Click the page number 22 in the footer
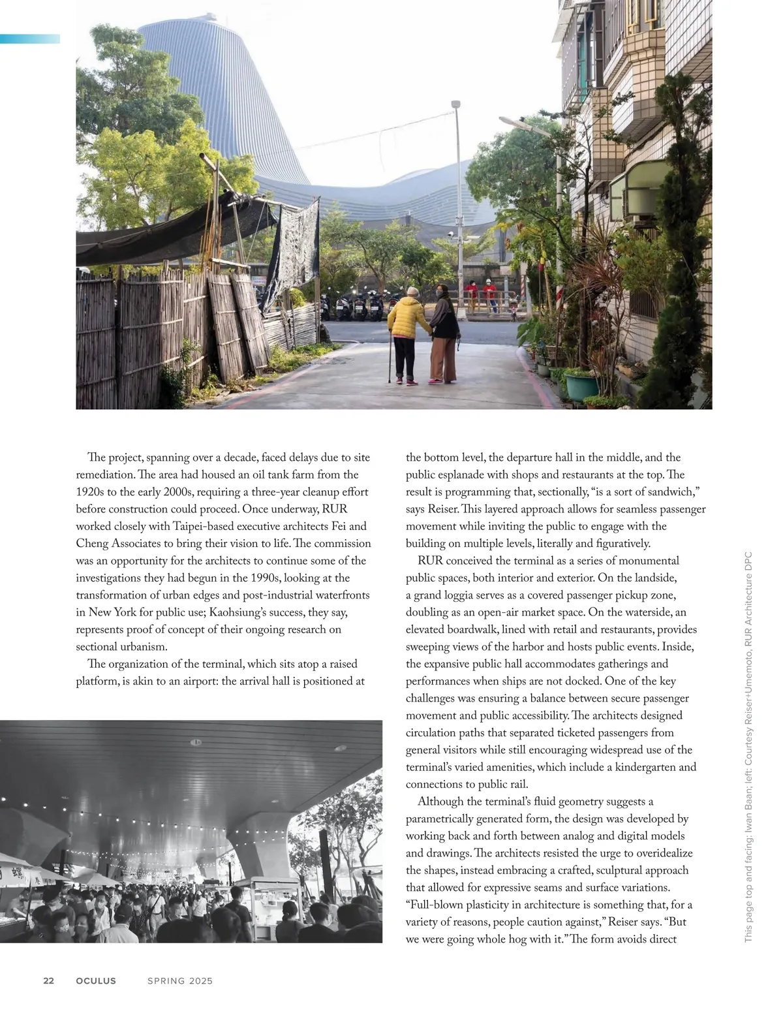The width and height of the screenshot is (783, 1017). tap(48, 980)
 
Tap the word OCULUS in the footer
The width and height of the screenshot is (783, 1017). tap(96, 980)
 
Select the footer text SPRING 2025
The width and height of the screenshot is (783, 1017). tap(180, 980)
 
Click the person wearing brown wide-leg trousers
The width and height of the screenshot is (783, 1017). tap(442, 339)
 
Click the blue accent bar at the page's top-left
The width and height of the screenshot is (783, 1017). tap(30, 39)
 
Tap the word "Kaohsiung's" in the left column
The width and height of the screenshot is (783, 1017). tap(238, 612)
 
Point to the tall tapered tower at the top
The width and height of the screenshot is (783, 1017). tap(222, 98)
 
